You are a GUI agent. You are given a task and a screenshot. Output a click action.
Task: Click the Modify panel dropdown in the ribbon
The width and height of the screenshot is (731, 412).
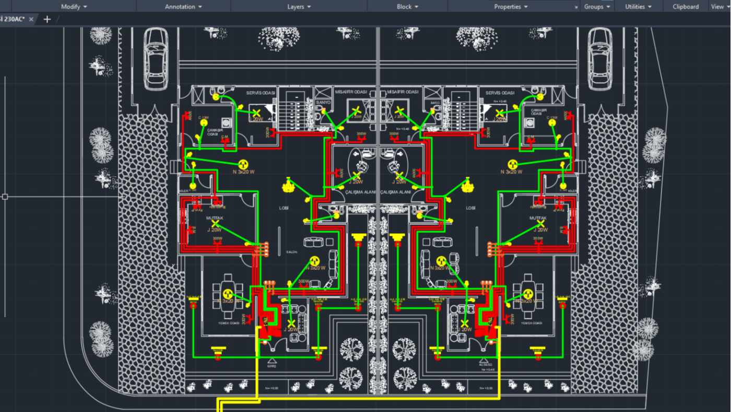[74, 7]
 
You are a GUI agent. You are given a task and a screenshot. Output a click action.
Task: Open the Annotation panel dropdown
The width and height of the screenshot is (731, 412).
[183, 7]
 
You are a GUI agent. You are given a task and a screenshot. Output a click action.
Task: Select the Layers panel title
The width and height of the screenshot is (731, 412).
[299, 7]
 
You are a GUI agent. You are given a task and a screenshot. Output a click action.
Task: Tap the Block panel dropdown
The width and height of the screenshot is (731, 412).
[407, 7]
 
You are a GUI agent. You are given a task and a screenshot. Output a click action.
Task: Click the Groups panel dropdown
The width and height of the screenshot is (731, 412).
[597, 7]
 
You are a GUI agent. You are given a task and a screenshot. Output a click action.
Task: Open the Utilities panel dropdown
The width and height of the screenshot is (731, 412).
[639, 7]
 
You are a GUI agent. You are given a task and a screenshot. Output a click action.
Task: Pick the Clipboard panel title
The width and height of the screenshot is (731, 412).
[686, 7]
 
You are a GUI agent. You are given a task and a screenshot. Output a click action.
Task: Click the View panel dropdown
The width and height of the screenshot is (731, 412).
[720, 7]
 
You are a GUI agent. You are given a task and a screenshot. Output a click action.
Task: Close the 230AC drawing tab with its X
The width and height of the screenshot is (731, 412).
[31, 19]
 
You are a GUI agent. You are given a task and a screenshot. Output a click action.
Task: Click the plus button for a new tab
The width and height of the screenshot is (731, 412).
[47, 19]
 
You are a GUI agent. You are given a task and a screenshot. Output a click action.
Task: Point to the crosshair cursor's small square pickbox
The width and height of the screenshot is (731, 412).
[5, 197]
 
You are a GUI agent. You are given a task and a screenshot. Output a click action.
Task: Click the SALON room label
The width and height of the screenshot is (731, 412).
[291, 252]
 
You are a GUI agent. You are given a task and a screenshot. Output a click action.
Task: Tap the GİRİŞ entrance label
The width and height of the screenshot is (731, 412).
[272, 366]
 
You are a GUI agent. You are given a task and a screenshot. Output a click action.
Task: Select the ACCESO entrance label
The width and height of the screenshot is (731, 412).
[485, 364]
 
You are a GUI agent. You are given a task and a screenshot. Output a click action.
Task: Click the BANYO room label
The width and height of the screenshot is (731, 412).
[323, 102]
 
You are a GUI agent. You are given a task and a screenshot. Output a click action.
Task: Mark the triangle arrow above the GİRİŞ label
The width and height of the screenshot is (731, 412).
[272, 360]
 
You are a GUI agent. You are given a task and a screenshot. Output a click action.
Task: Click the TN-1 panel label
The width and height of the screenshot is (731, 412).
[265, 320]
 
